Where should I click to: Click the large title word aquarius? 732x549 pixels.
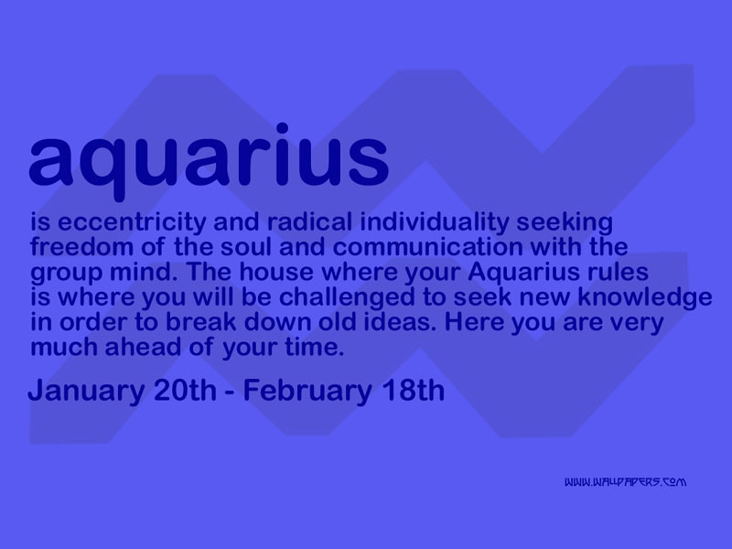(x=209, y=161)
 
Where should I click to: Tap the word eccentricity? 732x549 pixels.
(x=132, y=223)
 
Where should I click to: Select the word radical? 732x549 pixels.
(x=309, y=221)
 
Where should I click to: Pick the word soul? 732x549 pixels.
(x=245, y=246)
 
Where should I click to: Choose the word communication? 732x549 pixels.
(x=427, y=246)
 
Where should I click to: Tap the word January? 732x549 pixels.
(x=86, y=392)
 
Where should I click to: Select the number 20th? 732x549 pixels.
(x=185, y=391)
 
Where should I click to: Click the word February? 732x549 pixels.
(x=307, y=392)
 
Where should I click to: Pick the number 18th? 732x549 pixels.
(x=413, y=391)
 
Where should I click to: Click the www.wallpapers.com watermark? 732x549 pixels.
(x=625, y=482)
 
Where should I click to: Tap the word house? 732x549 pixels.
(x=276, y=272)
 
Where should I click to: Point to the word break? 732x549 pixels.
(x=200, y=322)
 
